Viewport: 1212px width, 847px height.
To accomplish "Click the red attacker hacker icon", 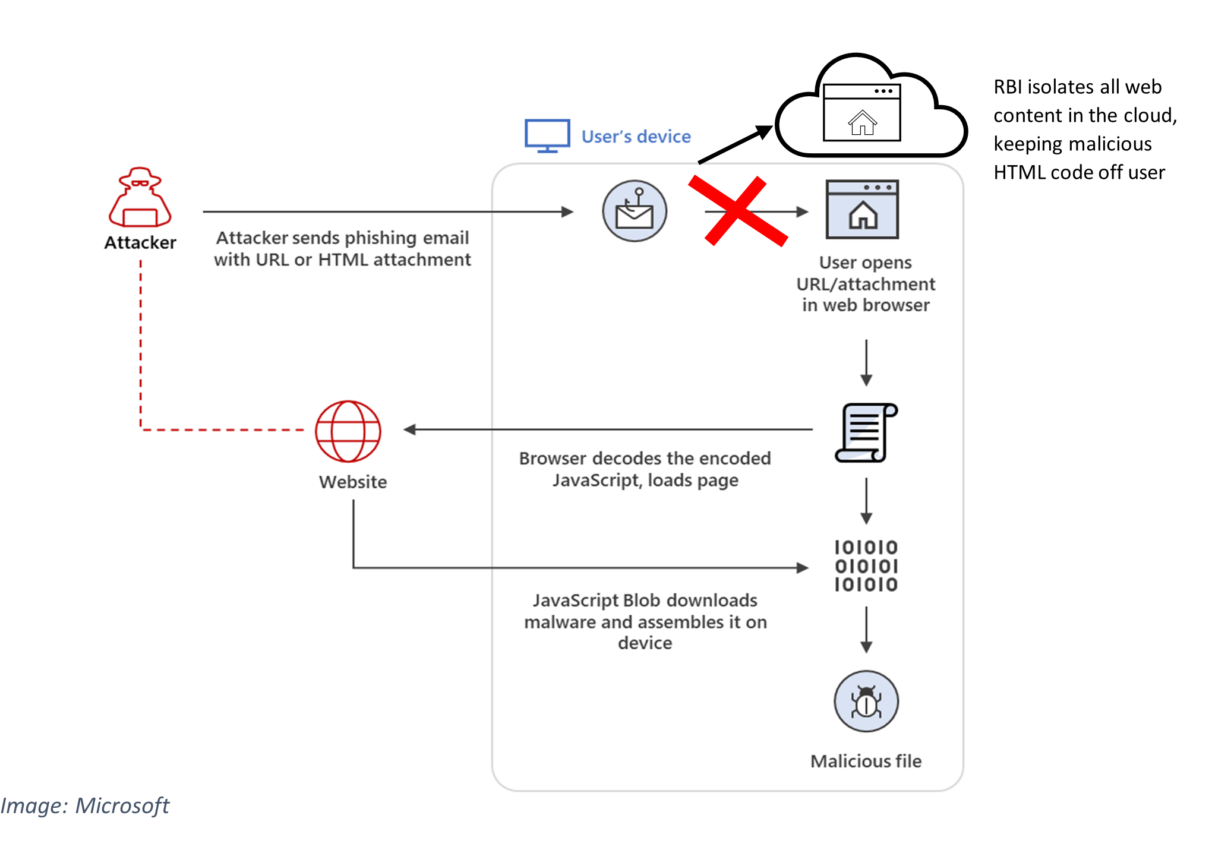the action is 140,197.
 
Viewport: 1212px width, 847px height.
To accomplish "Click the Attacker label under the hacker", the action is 140,242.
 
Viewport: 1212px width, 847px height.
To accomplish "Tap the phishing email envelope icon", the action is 635,211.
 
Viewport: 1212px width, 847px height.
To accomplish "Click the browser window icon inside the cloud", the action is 862,113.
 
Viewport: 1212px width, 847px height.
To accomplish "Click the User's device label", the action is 636,137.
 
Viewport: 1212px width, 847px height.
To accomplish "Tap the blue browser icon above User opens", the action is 862,209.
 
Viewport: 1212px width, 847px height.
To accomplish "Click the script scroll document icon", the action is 866,432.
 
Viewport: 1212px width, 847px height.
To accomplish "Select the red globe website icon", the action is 348,431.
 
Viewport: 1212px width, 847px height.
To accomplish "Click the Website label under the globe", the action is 353,482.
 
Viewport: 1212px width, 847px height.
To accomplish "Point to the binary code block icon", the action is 866,566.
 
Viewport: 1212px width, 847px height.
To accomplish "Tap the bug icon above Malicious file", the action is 866,701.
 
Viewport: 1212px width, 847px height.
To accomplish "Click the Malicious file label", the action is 866,761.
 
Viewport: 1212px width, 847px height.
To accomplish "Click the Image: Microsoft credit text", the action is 85,806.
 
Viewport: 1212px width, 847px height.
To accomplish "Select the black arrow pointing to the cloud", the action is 736,144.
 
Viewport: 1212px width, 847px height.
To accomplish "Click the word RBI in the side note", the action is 1008,87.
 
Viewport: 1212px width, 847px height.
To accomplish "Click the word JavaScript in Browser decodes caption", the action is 596,481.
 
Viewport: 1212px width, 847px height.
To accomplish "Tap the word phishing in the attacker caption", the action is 380,238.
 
